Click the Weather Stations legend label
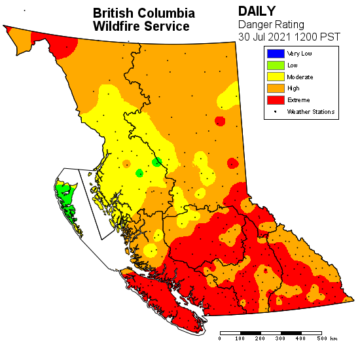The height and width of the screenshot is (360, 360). (311, 112)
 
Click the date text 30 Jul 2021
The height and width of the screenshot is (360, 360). (264, 37)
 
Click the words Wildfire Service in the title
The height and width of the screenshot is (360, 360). (141, 27)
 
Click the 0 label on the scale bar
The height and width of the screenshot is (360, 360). (220, 338)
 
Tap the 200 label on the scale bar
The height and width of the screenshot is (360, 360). (260, 338)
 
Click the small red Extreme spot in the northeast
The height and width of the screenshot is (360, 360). (220, 121)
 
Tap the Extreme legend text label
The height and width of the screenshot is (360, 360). (298, 100)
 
